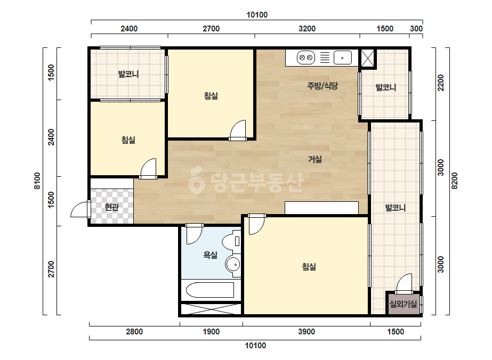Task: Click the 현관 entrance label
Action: (x=112, y=207)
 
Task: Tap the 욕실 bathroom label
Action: (x=210, y=255)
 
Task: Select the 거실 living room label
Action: (x=314, y=159)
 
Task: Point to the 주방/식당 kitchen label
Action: (x=322, y=86)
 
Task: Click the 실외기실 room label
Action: (x=403, y=304)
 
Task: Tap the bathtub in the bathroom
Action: (x=210, y=290)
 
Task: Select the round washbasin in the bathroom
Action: (x=233, y=264)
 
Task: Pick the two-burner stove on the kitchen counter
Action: (x=305, y=58)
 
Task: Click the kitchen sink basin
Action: (x=342, y=58)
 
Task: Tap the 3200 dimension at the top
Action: (x=307, y=29)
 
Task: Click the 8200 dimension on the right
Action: (x=454, y=181)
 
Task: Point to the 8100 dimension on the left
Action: (x=37, y=181)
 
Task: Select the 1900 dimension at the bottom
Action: (x=211, y=331)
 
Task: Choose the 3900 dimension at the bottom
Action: (x=307, y=331)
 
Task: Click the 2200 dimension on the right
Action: (x=441, y=83)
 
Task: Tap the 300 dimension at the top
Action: (x=416, y=29)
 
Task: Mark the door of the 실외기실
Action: (x=404, y=283)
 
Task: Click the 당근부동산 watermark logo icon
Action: (x=196, y=179)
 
